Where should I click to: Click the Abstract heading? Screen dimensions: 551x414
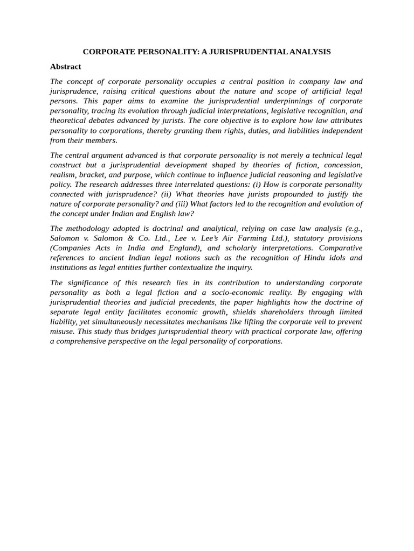tap(65, 67)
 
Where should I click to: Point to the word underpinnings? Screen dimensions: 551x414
tap(290, 101)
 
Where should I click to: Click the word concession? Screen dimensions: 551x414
tap(343, 165)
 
